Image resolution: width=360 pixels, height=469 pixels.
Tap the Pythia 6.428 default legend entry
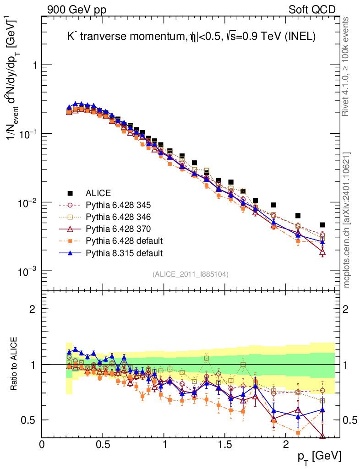[124, 240]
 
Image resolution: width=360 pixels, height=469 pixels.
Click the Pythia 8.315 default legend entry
[124, 252]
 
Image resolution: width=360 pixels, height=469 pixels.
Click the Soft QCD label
[311, 9]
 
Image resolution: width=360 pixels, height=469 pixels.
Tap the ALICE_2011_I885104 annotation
[190, 274]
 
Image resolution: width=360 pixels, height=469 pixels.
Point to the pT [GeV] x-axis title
[319, 456]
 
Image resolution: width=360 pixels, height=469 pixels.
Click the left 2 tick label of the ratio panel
[33, 309]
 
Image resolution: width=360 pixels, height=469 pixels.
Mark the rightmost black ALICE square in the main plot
[322, 225]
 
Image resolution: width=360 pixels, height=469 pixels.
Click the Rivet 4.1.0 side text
[347, 66]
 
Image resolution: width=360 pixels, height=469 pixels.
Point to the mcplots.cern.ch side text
[347, 220]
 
